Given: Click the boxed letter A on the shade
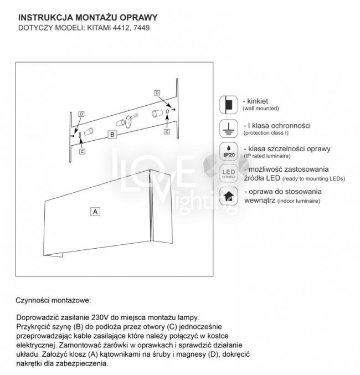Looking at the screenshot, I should coord(95,211).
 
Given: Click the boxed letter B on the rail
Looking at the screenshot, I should coord(112,134).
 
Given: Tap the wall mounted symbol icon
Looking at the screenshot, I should coord(228,104).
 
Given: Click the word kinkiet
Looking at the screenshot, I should coord(258,101).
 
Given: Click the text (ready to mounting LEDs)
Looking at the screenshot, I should coord(313,179).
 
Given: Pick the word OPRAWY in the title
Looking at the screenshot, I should coord(142,17).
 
